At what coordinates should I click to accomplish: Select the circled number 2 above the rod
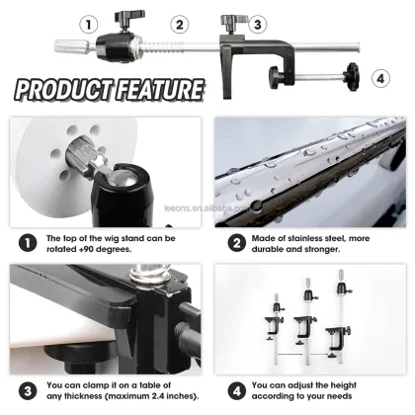pyautogui.click(x=179, y=24)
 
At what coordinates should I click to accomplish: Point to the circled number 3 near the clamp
pyautogui.click(x=257, y=24)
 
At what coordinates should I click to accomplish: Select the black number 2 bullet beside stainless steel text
pyautogui.click(x=237, y=240)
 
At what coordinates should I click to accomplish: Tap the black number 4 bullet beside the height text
pyautogui.click(x=237, y=386)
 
